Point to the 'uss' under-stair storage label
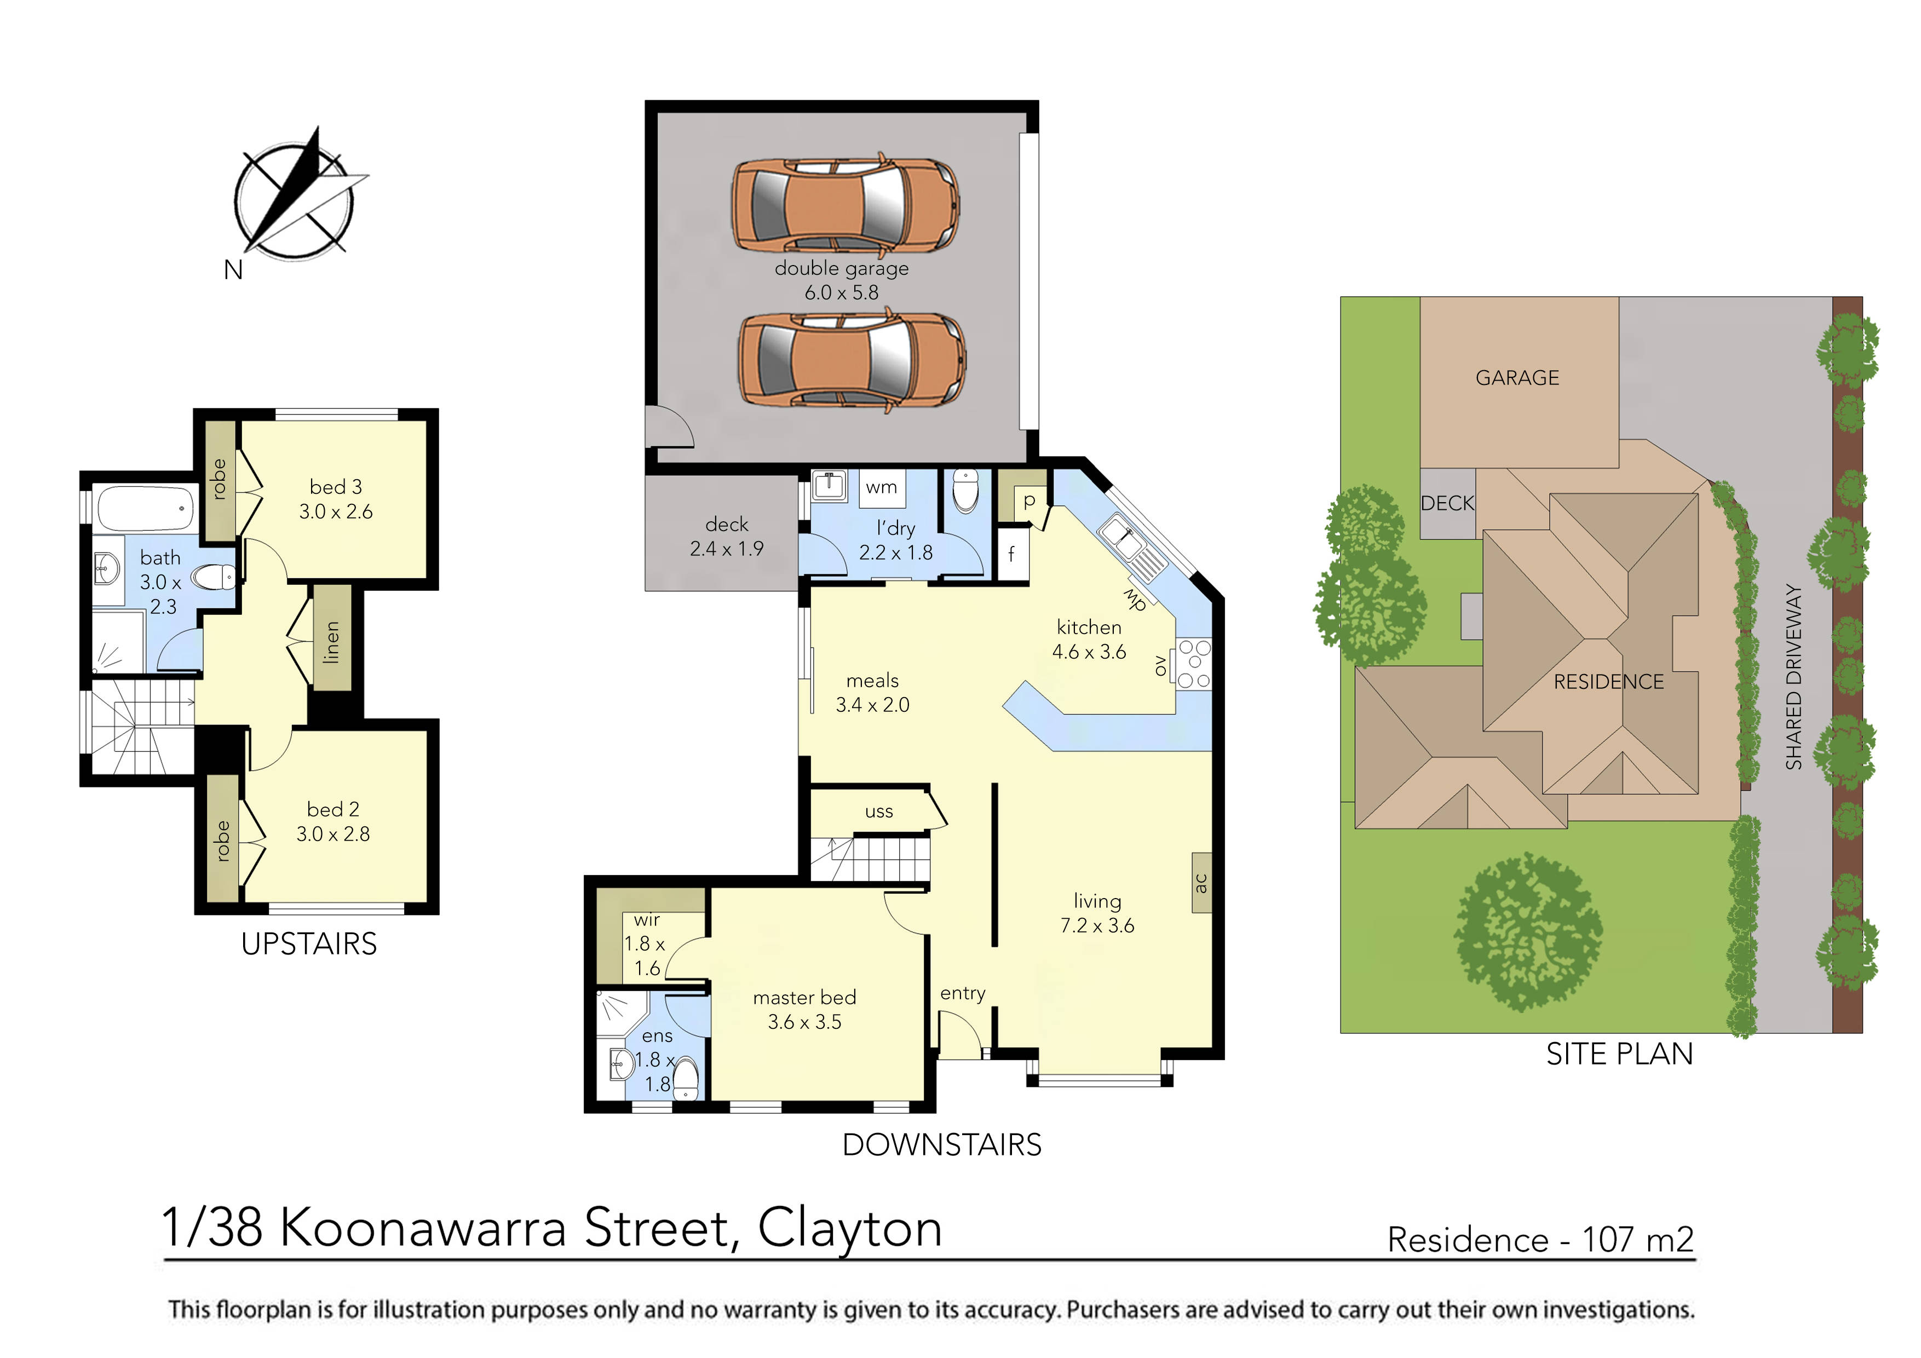[878, 812]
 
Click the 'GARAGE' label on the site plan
[1517, 378]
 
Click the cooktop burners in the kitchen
[1194, 664]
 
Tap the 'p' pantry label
[1029, 500]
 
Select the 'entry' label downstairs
[962, 993]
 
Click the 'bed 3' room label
[336, 487]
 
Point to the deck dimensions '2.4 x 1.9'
[726, 549]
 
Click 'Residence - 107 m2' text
[1539, 1239]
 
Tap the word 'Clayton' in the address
[849, 1228]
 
